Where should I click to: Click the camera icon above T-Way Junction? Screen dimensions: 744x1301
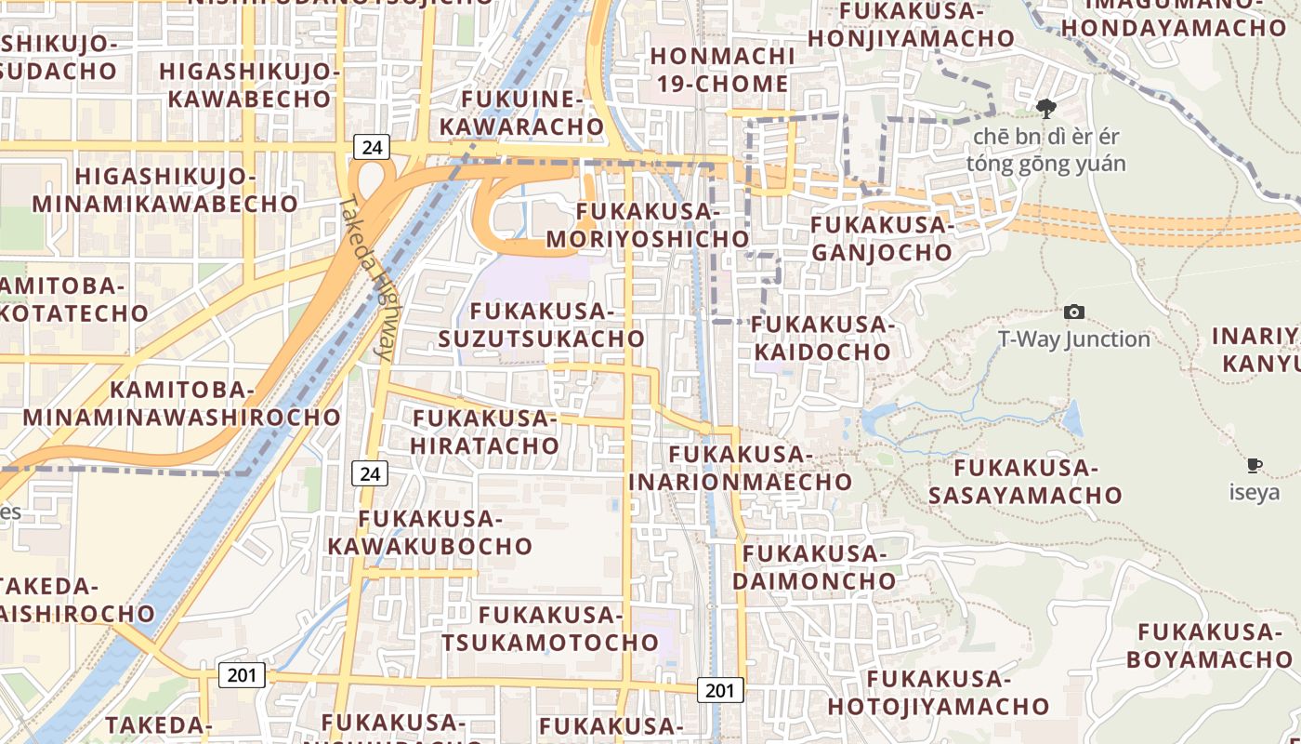tap(1074, 312)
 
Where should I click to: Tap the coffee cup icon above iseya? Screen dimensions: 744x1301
tap(1254, 465)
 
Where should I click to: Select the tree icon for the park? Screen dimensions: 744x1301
tap(1046, 110)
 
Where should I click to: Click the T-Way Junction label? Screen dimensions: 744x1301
tap(1074, 339)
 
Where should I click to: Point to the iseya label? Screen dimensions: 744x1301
tap(1254, 493)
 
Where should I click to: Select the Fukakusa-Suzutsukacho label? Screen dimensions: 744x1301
tap(541, 325)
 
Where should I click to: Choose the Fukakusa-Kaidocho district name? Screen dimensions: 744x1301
tap(822, 339)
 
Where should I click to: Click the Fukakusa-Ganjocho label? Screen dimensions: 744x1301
tap(882, 238)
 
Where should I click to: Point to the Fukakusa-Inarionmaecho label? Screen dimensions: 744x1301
tap(741, 468)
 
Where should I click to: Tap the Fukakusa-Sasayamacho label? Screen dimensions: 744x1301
tap(1025, 481)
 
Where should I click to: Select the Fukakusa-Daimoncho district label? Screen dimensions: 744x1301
tap(814, 567)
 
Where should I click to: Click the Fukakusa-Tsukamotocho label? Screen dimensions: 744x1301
tap(550, 629)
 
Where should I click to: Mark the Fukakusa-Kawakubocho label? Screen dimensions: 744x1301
tap(429, 532)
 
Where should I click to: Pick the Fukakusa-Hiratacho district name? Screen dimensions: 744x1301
tap(484, 432)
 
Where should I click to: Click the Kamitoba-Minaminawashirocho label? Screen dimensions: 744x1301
tap(182, 403)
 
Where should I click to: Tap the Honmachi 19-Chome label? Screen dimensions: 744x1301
tap(722, 70)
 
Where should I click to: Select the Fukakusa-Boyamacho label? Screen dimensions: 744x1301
tap(1209, 645)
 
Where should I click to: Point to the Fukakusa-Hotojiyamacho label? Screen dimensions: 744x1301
tap(938, 693)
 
